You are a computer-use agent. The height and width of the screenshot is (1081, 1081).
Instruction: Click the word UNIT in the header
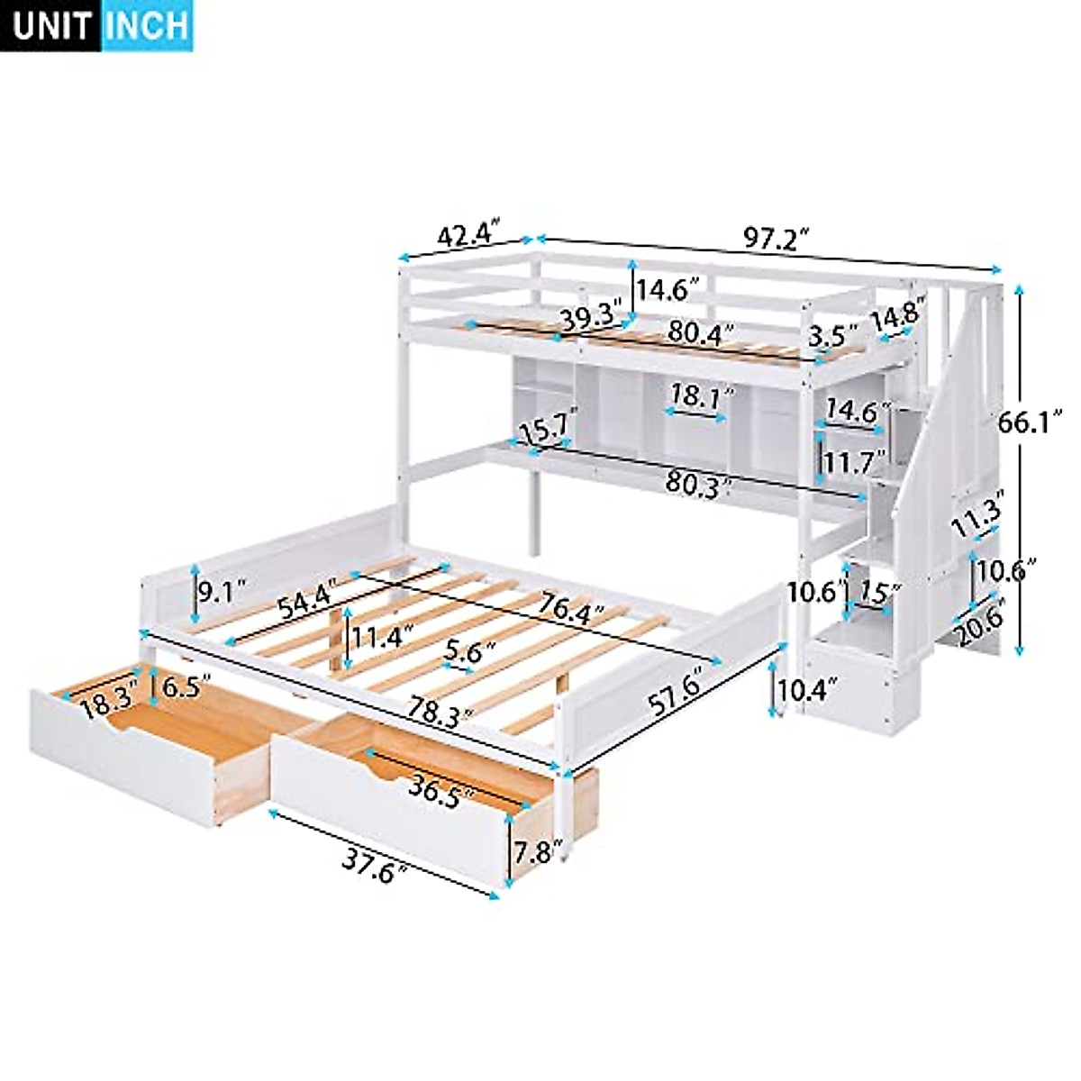[x=53, y=26]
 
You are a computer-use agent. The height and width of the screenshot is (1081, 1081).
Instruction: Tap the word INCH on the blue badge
[x=147, y=26]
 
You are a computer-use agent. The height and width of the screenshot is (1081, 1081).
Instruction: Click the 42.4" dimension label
[x=468, y=236]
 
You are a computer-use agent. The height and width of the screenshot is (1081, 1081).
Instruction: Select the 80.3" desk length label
[x=696, y=482]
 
